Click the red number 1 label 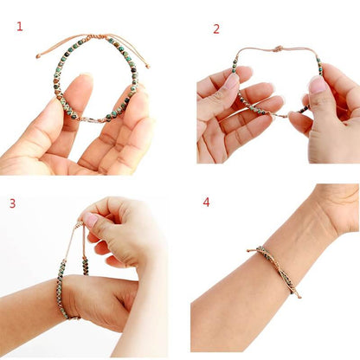(20, 26)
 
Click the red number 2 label (216, 29)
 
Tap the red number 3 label (12, 203)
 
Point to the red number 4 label (206, 202)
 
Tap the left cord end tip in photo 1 (37, 57)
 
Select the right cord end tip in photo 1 (148, 67)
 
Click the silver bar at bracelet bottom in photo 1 (93, 120)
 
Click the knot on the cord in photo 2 (278, 49)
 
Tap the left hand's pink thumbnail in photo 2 (231, 81)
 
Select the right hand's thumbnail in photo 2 (317, 85)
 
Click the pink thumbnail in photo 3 (91, 221)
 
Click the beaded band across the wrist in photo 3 (62, 290)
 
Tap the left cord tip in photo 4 (248, 251)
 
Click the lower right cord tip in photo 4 (299, 297)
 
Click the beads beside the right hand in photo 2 (318, 65)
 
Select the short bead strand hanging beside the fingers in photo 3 (85, 264)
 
